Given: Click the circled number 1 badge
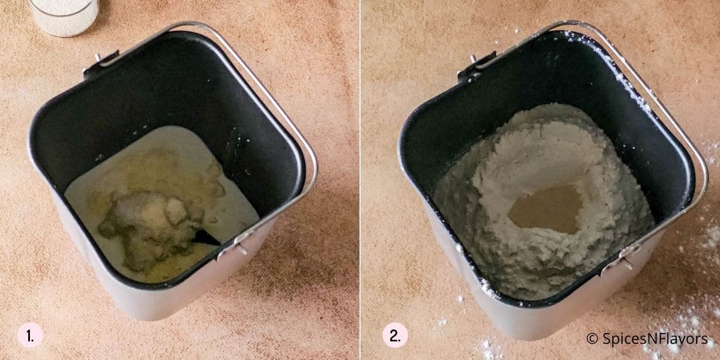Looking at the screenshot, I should [x=29, y=335].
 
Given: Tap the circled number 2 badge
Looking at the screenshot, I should [x=395, y=335].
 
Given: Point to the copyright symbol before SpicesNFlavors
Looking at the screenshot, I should [x=592, y=339].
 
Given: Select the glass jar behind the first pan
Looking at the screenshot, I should [x=64, y=15].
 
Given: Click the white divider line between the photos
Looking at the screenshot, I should [x=360, y=180].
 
